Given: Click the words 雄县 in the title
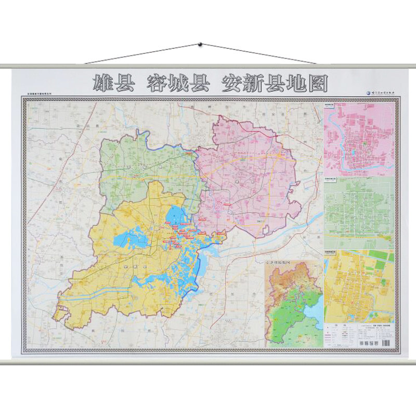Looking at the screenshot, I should (113, 83).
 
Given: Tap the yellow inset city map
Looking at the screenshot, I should (359, 286).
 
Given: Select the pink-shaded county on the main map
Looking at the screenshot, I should (250, 177).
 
